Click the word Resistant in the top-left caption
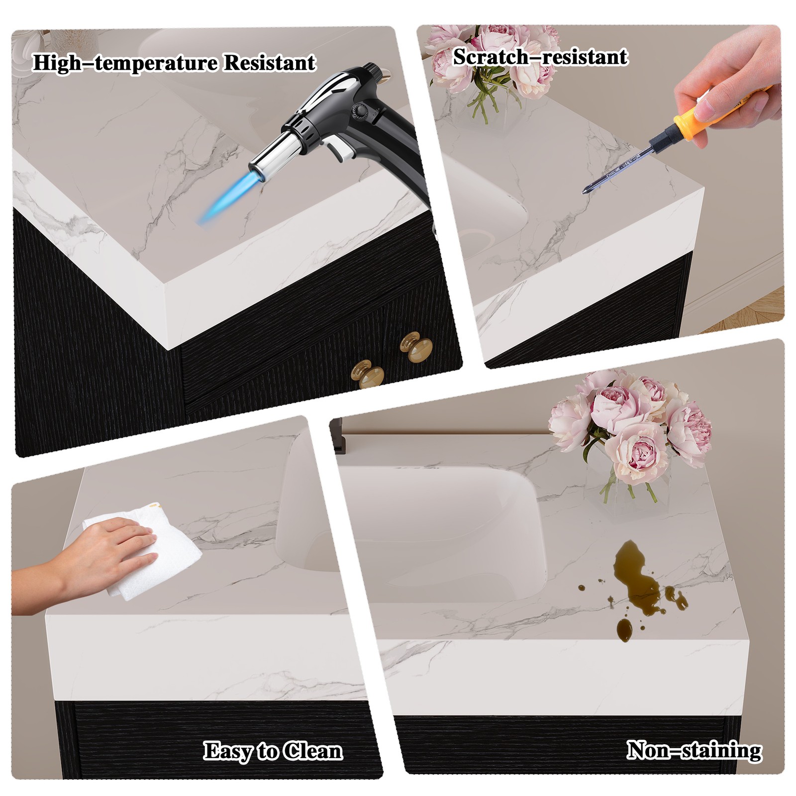(269, 63)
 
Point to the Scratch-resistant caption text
(540, 57)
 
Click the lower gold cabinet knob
(368, 376)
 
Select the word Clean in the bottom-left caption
(312, 751)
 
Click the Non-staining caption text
(694, 750)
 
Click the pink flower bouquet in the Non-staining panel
(632, 423)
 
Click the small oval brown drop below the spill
(624, 631)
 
